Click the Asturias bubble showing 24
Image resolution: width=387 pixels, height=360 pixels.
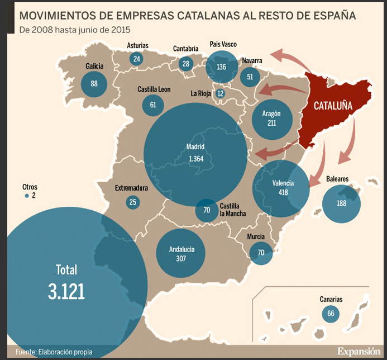(x=137, y=59)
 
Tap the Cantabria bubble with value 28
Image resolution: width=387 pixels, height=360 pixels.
(x=186, y=63)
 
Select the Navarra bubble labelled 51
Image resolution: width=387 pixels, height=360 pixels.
(x=250, y=77)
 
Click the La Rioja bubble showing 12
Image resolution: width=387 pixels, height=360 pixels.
(x=220, y=93)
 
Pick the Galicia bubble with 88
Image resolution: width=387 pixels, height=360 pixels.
(x=94, y=84)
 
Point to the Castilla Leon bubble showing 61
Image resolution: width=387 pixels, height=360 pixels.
(x=153, y=105)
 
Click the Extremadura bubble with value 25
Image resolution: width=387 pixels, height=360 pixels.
(x=133, y=202)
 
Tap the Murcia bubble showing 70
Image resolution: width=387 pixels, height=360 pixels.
(x=261, y=252)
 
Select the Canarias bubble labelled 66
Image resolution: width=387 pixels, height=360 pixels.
(x=331, y=314)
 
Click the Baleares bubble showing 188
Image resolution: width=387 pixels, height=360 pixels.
(x=341, y=203)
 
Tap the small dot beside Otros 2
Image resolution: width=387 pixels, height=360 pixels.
(x=26, y=196)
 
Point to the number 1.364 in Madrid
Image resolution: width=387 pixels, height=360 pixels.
(x=196, y=159)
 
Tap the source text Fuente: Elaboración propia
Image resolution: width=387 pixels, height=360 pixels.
(x=54, y=352)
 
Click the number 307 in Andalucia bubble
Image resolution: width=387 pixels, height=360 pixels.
(x=181, y=258)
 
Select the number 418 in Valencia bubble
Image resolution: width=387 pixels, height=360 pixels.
(x=283, y=192)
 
